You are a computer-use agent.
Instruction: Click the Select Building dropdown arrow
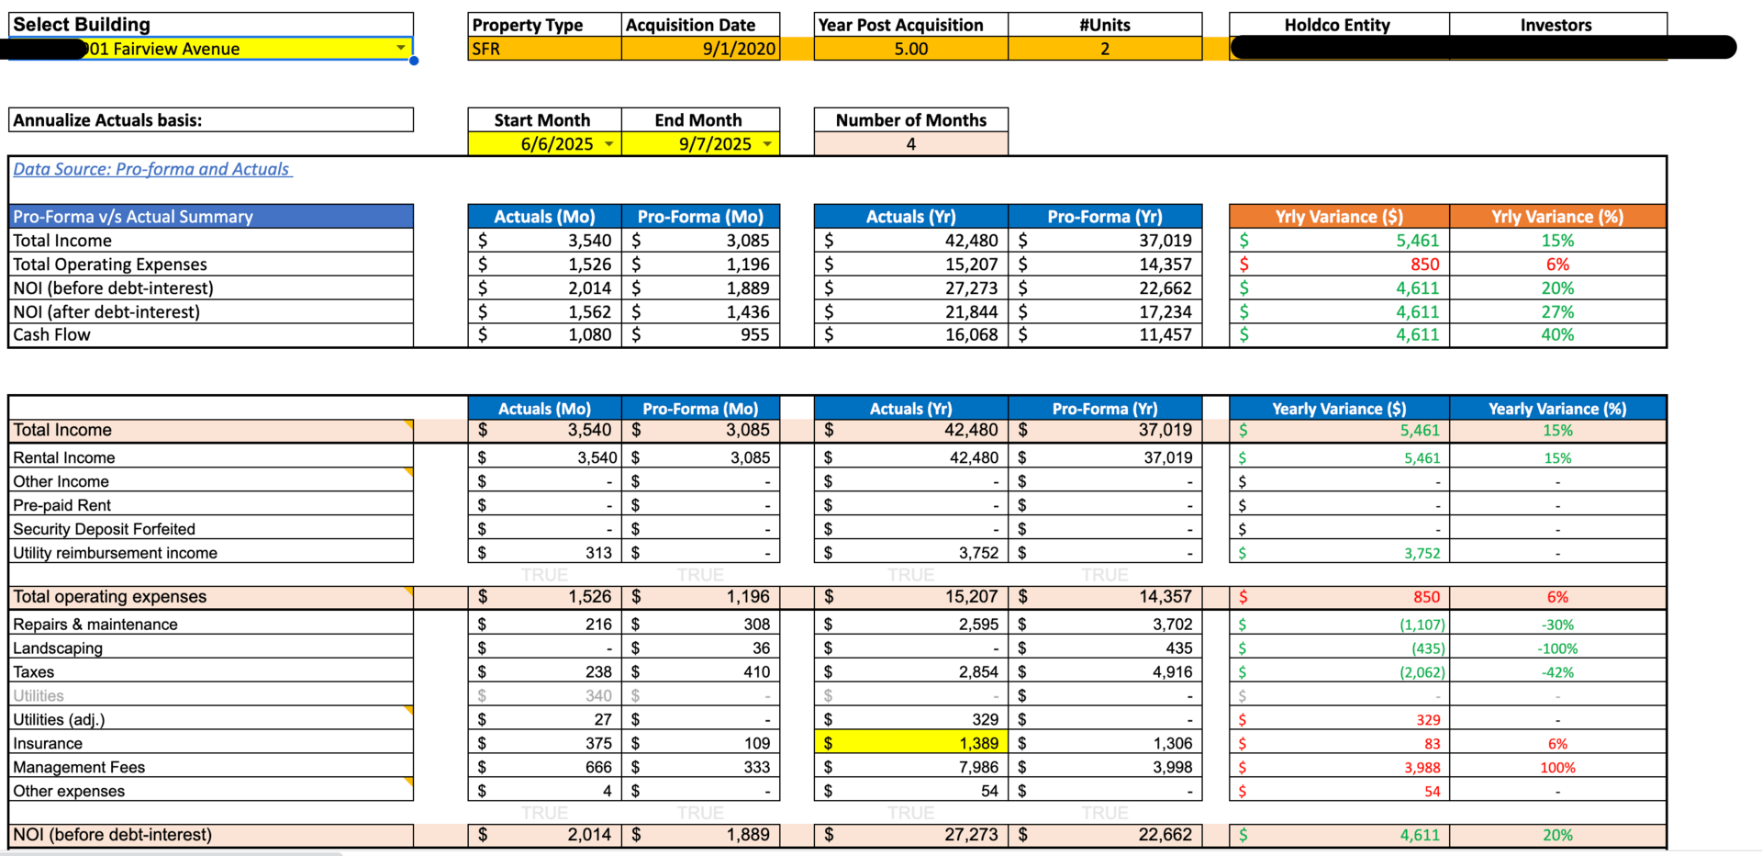(401, 48)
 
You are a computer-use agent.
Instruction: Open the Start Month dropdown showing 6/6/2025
(608, 144)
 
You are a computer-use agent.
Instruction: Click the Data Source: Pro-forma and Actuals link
(151, 169)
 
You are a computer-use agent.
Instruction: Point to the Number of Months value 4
(910, 144)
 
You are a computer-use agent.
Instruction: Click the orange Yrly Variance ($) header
(1338, 217)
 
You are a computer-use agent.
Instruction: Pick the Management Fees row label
(79, 767)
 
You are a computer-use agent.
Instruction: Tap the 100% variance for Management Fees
(1557, 767)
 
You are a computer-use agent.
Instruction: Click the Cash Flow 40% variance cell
(1557, 335)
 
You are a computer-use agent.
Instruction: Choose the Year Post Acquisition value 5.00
(910, 49)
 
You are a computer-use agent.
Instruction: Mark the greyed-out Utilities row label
(39, 696)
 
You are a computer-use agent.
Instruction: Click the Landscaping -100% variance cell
(1557, 648)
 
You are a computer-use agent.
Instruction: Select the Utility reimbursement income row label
(115, 553)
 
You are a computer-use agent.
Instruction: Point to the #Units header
(1105, 25)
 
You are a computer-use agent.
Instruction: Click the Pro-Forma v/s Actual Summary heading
(133, 217)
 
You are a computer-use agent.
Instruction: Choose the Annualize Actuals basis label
(107, 120)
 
